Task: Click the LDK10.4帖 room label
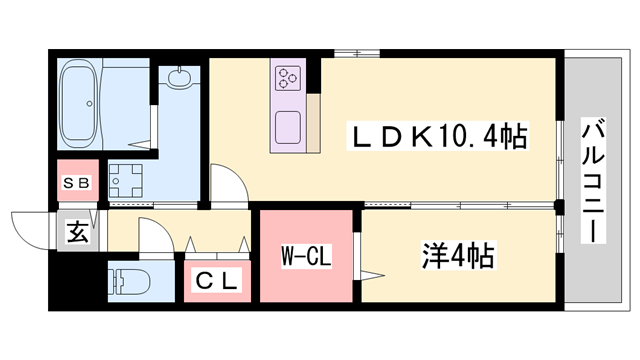(x=436, y=135)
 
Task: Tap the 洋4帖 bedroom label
(x=456, y=256)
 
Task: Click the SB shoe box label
(x=77, y=184)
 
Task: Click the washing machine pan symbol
(x=127, y=181)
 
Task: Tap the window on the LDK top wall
(x=350, y=52)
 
